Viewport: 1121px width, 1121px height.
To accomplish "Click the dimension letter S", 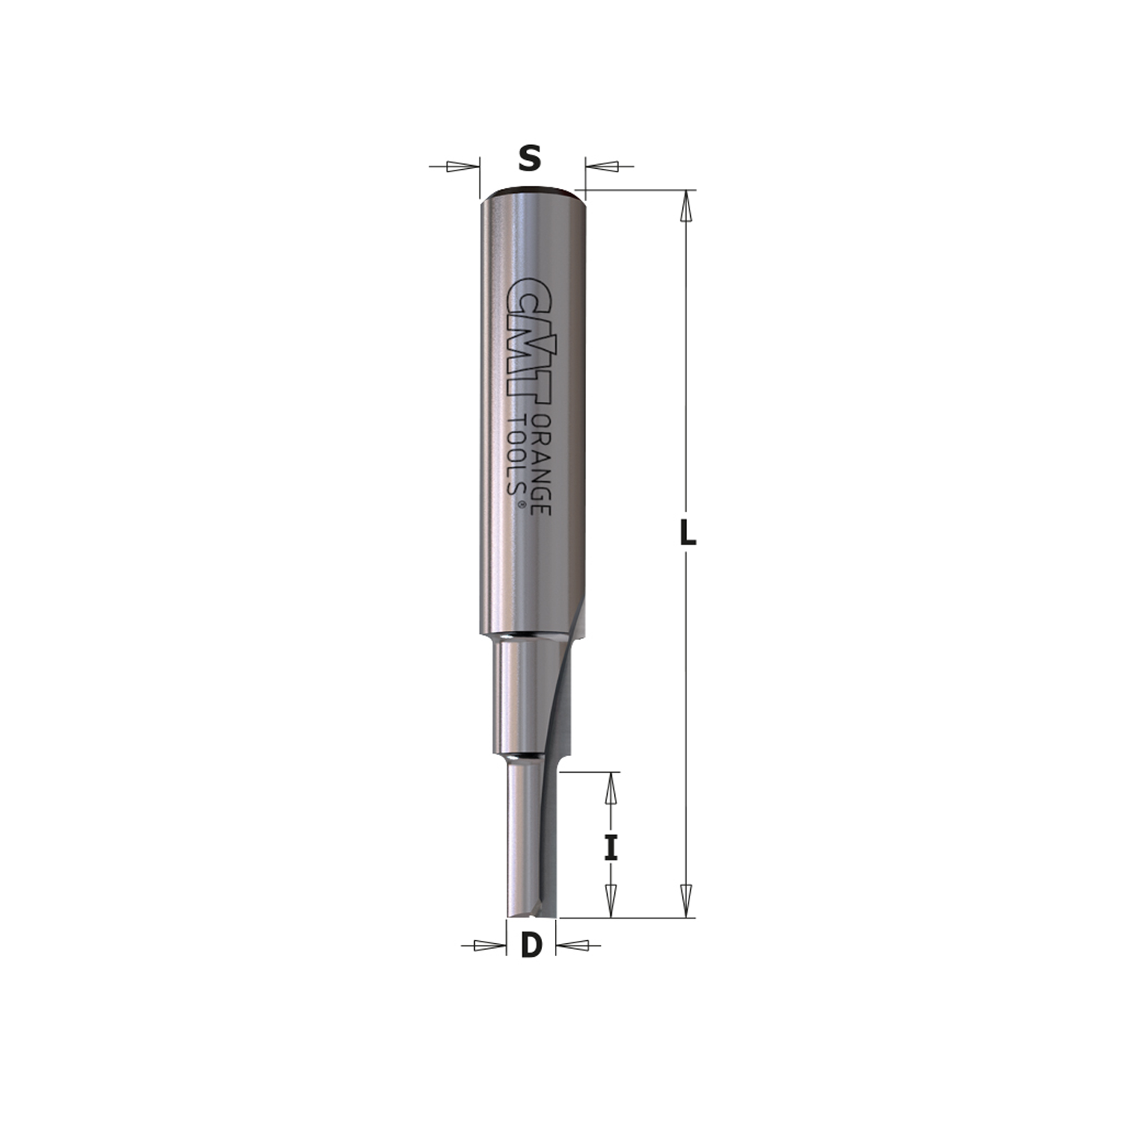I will point(529,159).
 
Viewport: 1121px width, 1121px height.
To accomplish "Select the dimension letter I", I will point(611,847).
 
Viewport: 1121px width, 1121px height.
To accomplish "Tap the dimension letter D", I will point(531,946).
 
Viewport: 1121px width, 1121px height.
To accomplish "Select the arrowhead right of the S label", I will point(602,167).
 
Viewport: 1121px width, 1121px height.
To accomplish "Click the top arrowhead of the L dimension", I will point(685,207).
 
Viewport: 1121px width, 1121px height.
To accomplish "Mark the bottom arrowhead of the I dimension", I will point(611,900).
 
